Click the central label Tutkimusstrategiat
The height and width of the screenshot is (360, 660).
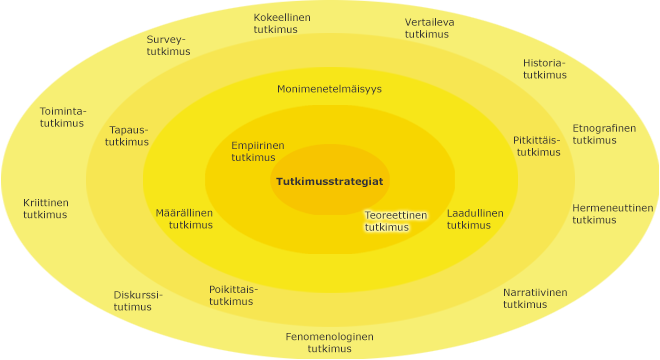[x=329, y=181]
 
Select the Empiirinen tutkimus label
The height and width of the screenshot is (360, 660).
[x=257, y=151]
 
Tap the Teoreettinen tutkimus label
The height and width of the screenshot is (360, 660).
[x=395, y=221]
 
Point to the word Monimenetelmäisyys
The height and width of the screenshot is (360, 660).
[x=329, y=89]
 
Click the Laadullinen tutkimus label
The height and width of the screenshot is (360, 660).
[x=474, y=219]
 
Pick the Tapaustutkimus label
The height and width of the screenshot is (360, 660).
[x=127, y=136]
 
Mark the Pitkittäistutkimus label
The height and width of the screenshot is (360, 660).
[x=537, y=146]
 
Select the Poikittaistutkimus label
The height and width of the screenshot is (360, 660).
[x=232, y=295]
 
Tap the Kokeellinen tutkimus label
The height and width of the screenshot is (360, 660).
[x=281, y=24]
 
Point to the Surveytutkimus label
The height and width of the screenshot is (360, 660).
[x=167, y=46]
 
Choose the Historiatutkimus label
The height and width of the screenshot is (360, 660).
[x=544, y=68]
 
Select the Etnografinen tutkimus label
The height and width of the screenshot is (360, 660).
[x=603, y=134]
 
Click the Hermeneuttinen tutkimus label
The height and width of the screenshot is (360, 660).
[x=612, y=214]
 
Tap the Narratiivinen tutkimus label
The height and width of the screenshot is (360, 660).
[x=534, y=298]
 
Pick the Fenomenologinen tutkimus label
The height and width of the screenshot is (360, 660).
[x=329, y=342]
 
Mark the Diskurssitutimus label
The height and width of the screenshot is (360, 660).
[x=137, y=300]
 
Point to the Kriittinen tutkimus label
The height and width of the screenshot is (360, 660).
[x=46, y=208]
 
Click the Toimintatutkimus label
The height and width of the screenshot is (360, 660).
[x=62, y=116]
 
